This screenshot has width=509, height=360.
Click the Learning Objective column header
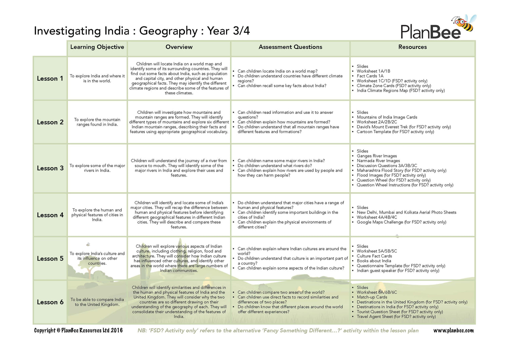coord(97,47)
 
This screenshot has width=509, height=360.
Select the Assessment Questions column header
coord(290,47)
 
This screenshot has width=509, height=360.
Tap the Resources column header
coord(412,47)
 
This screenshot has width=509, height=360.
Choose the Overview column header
coord(179,47)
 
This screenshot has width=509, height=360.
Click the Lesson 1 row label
coord(50,79)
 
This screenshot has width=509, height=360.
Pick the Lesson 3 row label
coord(50,168)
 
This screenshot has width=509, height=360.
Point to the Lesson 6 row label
coord(50,302)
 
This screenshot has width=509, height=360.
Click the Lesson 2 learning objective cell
coord(97,122)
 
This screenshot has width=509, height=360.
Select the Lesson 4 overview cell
coord(179,215)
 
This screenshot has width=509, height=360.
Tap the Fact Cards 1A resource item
coord(370,76)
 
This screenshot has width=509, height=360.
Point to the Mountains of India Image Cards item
coord(387,117)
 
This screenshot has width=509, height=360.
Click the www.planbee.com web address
coord(453,330)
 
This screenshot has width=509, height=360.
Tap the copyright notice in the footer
coord(78,330)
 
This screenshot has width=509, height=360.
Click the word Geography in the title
coord(168,31)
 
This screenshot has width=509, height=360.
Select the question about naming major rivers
coord(281,161)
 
